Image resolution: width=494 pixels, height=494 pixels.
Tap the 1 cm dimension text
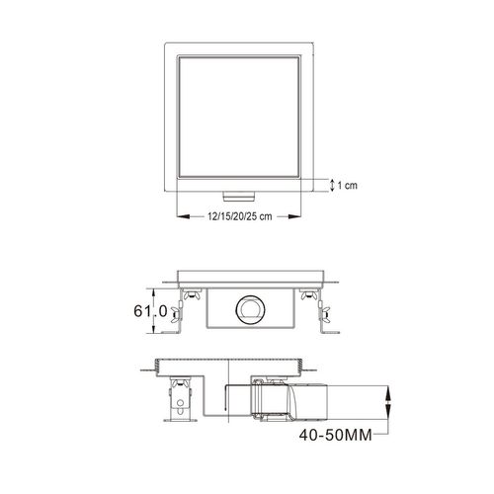point(349,185)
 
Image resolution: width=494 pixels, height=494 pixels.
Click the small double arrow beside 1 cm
point(332,185)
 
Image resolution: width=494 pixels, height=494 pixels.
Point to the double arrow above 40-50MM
point(387,404)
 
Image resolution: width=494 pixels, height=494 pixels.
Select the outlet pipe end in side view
point(352,405)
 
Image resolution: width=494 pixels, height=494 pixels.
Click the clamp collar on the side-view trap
point(267,405)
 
